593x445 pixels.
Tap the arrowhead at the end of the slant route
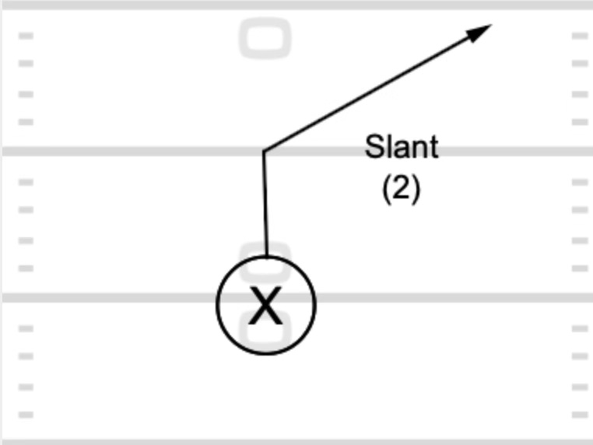480,31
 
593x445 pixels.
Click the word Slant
402,147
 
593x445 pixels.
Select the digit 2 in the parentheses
402,188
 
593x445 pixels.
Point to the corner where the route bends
265,151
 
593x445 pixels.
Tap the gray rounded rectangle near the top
265,39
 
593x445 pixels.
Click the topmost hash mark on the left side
26,36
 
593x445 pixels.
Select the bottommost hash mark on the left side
26,415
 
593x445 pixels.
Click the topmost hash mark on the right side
579,36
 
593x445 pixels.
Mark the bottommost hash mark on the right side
579,415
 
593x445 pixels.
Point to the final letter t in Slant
434,147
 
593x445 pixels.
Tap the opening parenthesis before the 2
387,189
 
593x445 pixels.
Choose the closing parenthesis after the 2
416,189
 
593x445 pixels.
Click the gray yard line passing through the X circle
117,297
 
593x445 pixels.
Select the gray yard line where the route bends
117,151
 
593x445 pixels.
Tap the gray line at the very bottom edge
296,442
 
